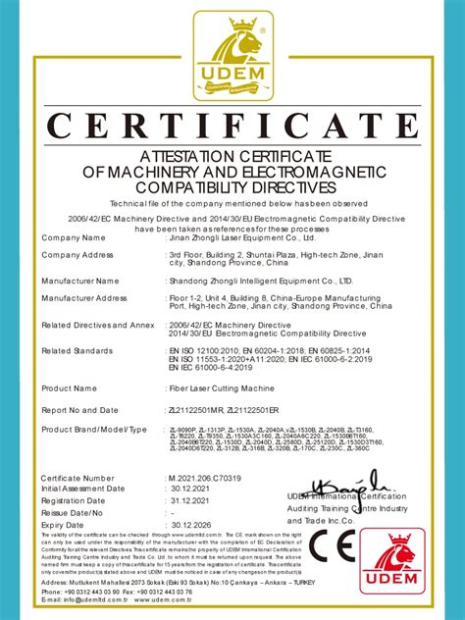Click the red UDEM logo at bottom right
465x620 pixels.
[x=405, y=563]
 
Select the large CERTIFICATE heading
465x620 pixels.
[x=232, y=127]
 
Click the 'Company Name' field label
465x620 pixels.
[x=74, y=238]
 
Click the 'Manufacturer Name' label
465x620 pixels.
[x=80, y=281]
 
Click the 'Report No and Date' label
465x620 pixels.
[x=81, y=409]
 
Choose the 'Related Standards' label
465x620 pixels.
[x=77, y=350]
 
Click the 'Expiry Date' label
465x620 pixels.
[x=64, y=526]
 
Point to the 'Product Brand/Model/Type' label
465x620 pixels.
[x=94, y=430]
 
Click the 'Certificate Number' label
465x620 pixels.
[x=78, y=478]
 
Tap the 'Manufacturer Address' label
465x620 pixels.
[x=84, y=298]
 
